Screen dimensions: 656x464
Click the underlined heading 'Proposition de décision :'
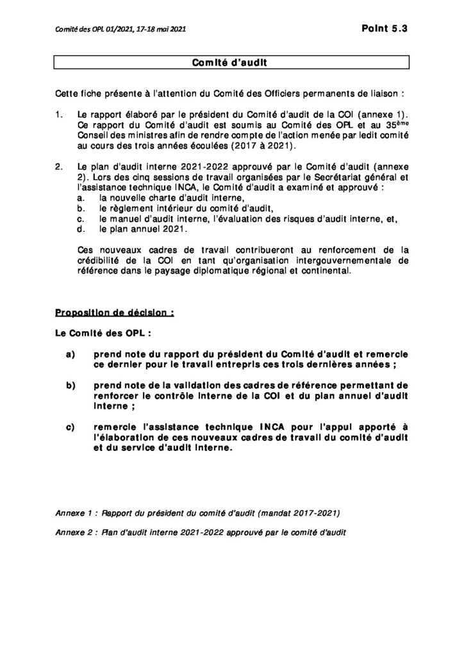(x=115, y=313)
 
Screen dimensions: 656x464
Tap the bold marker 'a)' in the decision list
(x=69, y=354)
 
